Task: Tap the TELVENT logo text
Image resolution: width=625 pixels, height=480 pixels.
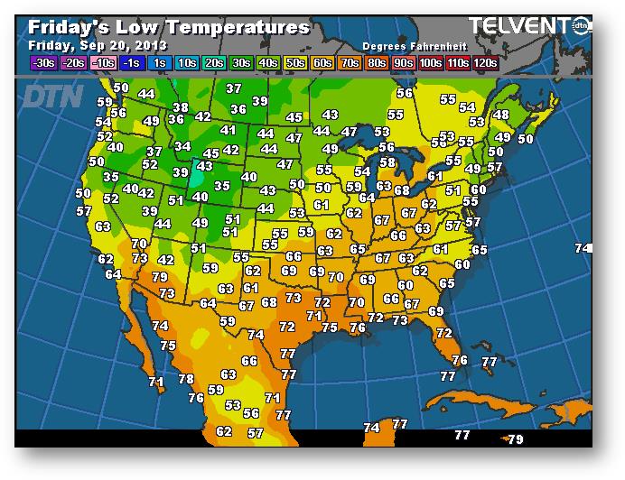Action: [x=521, y=26]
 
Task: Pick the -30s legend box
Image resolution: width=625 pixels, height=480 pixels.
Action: [x=42, y=62]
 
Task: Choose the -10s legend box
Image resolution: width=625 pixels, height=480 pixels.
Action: [x=104, y=62]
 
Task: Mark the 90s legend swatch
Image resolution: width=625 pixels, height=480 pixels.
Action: [x=404, y=62]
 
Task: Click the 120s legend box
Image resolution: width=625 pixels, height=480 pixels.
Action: [x=485, y=62]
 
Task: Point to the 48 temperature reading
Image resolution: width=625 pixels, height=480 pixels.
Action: [x=500, y=115]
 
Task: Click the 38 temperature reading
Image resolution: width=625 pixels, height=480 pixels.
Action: [x=181, y=108]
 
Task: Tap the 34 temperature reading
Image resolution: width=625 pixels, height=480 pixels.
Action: [x=182, y=146]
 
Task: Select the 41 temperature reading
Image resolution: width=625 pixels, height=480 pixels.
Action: [x=229, y=131]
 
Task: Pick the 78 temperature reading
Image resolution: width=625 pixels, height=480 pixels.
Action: [x=186, y=379]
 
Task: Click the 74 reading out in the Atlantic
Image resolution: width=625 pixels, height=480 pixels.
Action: [x=583, y=248]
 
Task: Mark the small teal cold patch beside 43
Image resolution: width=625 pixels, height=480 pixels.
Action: [x=196, y=171]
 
